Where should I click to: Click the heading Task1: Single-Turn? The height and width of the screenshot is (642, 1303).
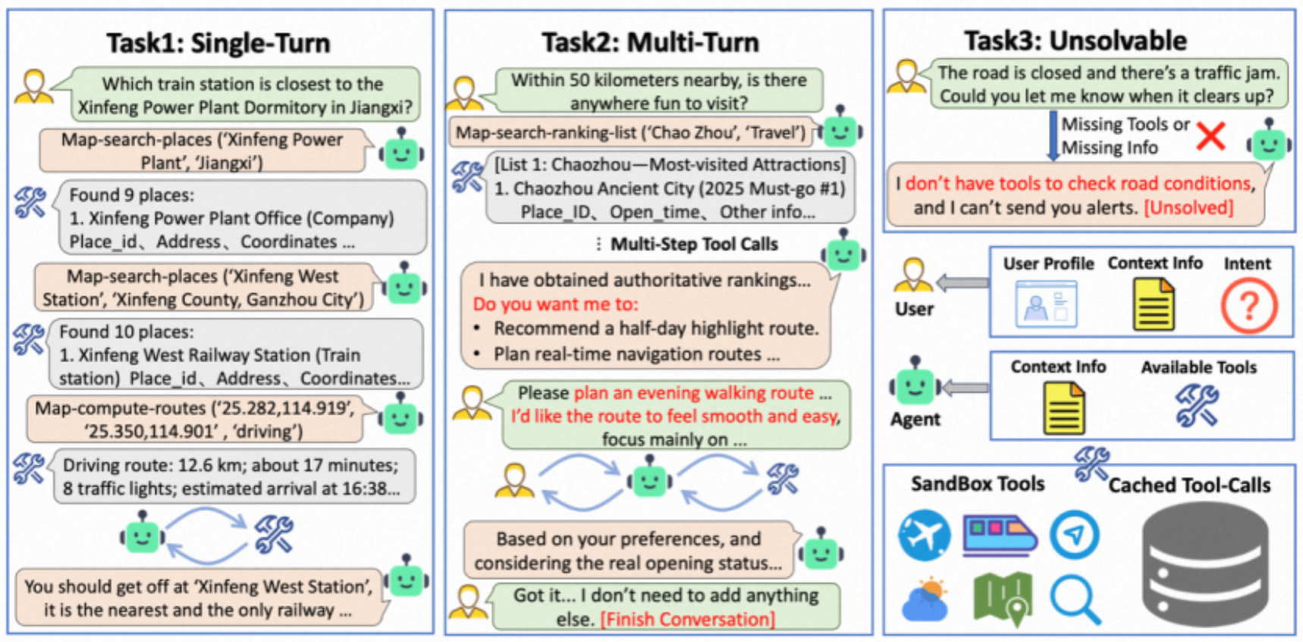coord(218,43)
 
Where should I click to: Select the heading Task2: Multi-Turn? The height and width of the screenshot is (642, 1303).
coord(650,42)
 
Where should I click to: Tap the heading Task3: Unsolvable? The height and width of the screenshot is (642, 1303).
coord(1075,40)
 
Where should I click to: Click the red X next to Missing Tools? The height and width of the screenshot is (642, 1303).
coord(1211,136)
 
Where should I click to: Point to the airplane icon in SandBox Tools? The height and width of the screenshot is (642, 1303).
coord(925,535)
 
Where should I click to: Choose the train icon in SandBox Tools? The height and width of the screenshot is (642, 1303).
coord(1000,535)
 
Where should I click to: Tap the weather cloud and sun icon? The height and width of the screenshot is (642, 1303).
coord(926,599)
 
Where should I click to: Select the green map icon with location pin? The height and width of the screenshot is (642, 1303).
coord(1003,600)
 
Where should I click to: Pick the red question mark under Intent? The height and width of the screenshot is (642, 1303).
coord(1248,305)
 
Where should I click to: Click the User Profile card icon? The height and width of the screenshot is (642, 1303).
coord(1046,304)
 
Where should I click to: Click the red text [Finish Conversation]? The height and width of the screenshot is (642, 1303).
coord(688,619)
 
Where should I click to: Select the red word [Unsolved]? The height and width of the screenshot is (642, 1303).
coord(1188,207)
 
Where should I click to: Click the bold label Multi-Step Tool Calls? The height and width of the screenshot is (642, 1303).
coord(694,244)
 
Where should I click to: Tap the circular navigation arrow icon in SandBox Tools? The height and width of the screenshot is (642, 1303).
coord(1075,535)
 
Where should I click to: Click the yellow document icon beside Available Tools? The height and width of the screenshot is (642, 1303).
coord(1063,407)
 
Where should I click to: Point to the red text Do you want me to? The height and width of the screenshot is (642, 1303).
coord(556,305)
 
